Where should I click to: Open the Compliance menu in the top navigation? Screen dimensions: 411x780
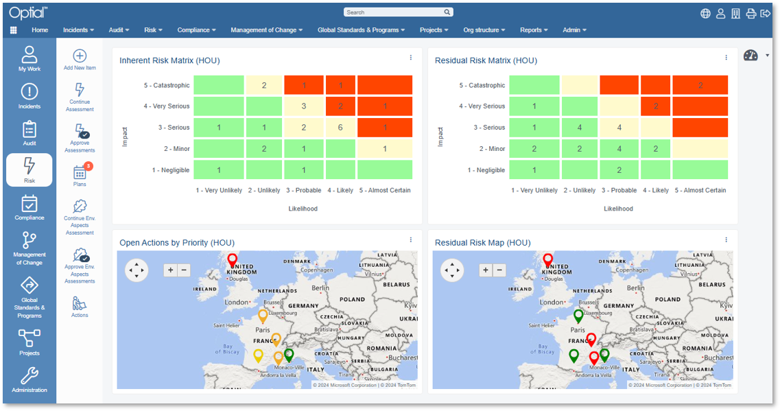click(x=196, y=30)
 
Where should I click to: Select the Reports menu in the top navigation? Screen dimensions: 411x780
click(x=534, y=30)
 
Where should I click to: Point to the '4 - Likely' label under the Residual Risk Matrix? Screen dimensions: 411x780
click(x=655, y=190)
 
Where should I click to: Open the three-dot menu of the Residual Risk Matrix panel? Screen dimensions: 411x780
click(x=726, y=58)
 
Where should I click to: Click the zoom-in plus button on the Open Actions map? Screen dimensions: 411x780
click(x=170, y=270)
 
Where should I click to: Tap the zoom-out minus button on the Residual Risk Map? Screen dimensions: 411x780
click(x=499, y=270)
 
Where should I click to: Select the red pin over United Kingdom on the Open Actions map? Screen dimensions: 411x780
click(x=233, y=260)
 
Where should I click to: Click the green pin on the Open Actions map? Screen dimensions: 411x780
click(x=289, y=355)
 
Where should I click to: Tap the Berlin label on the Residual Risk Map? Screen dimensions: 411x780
click(x=636, y=289)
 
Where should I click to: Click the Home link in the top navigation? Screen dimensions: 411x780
click(x=40, y=30)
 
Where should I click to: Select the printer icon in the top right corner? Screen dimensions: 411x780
click(x=751, y=13)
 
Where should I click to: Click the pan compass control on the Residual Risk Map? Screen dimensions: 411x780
click(x=453, y=270)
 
